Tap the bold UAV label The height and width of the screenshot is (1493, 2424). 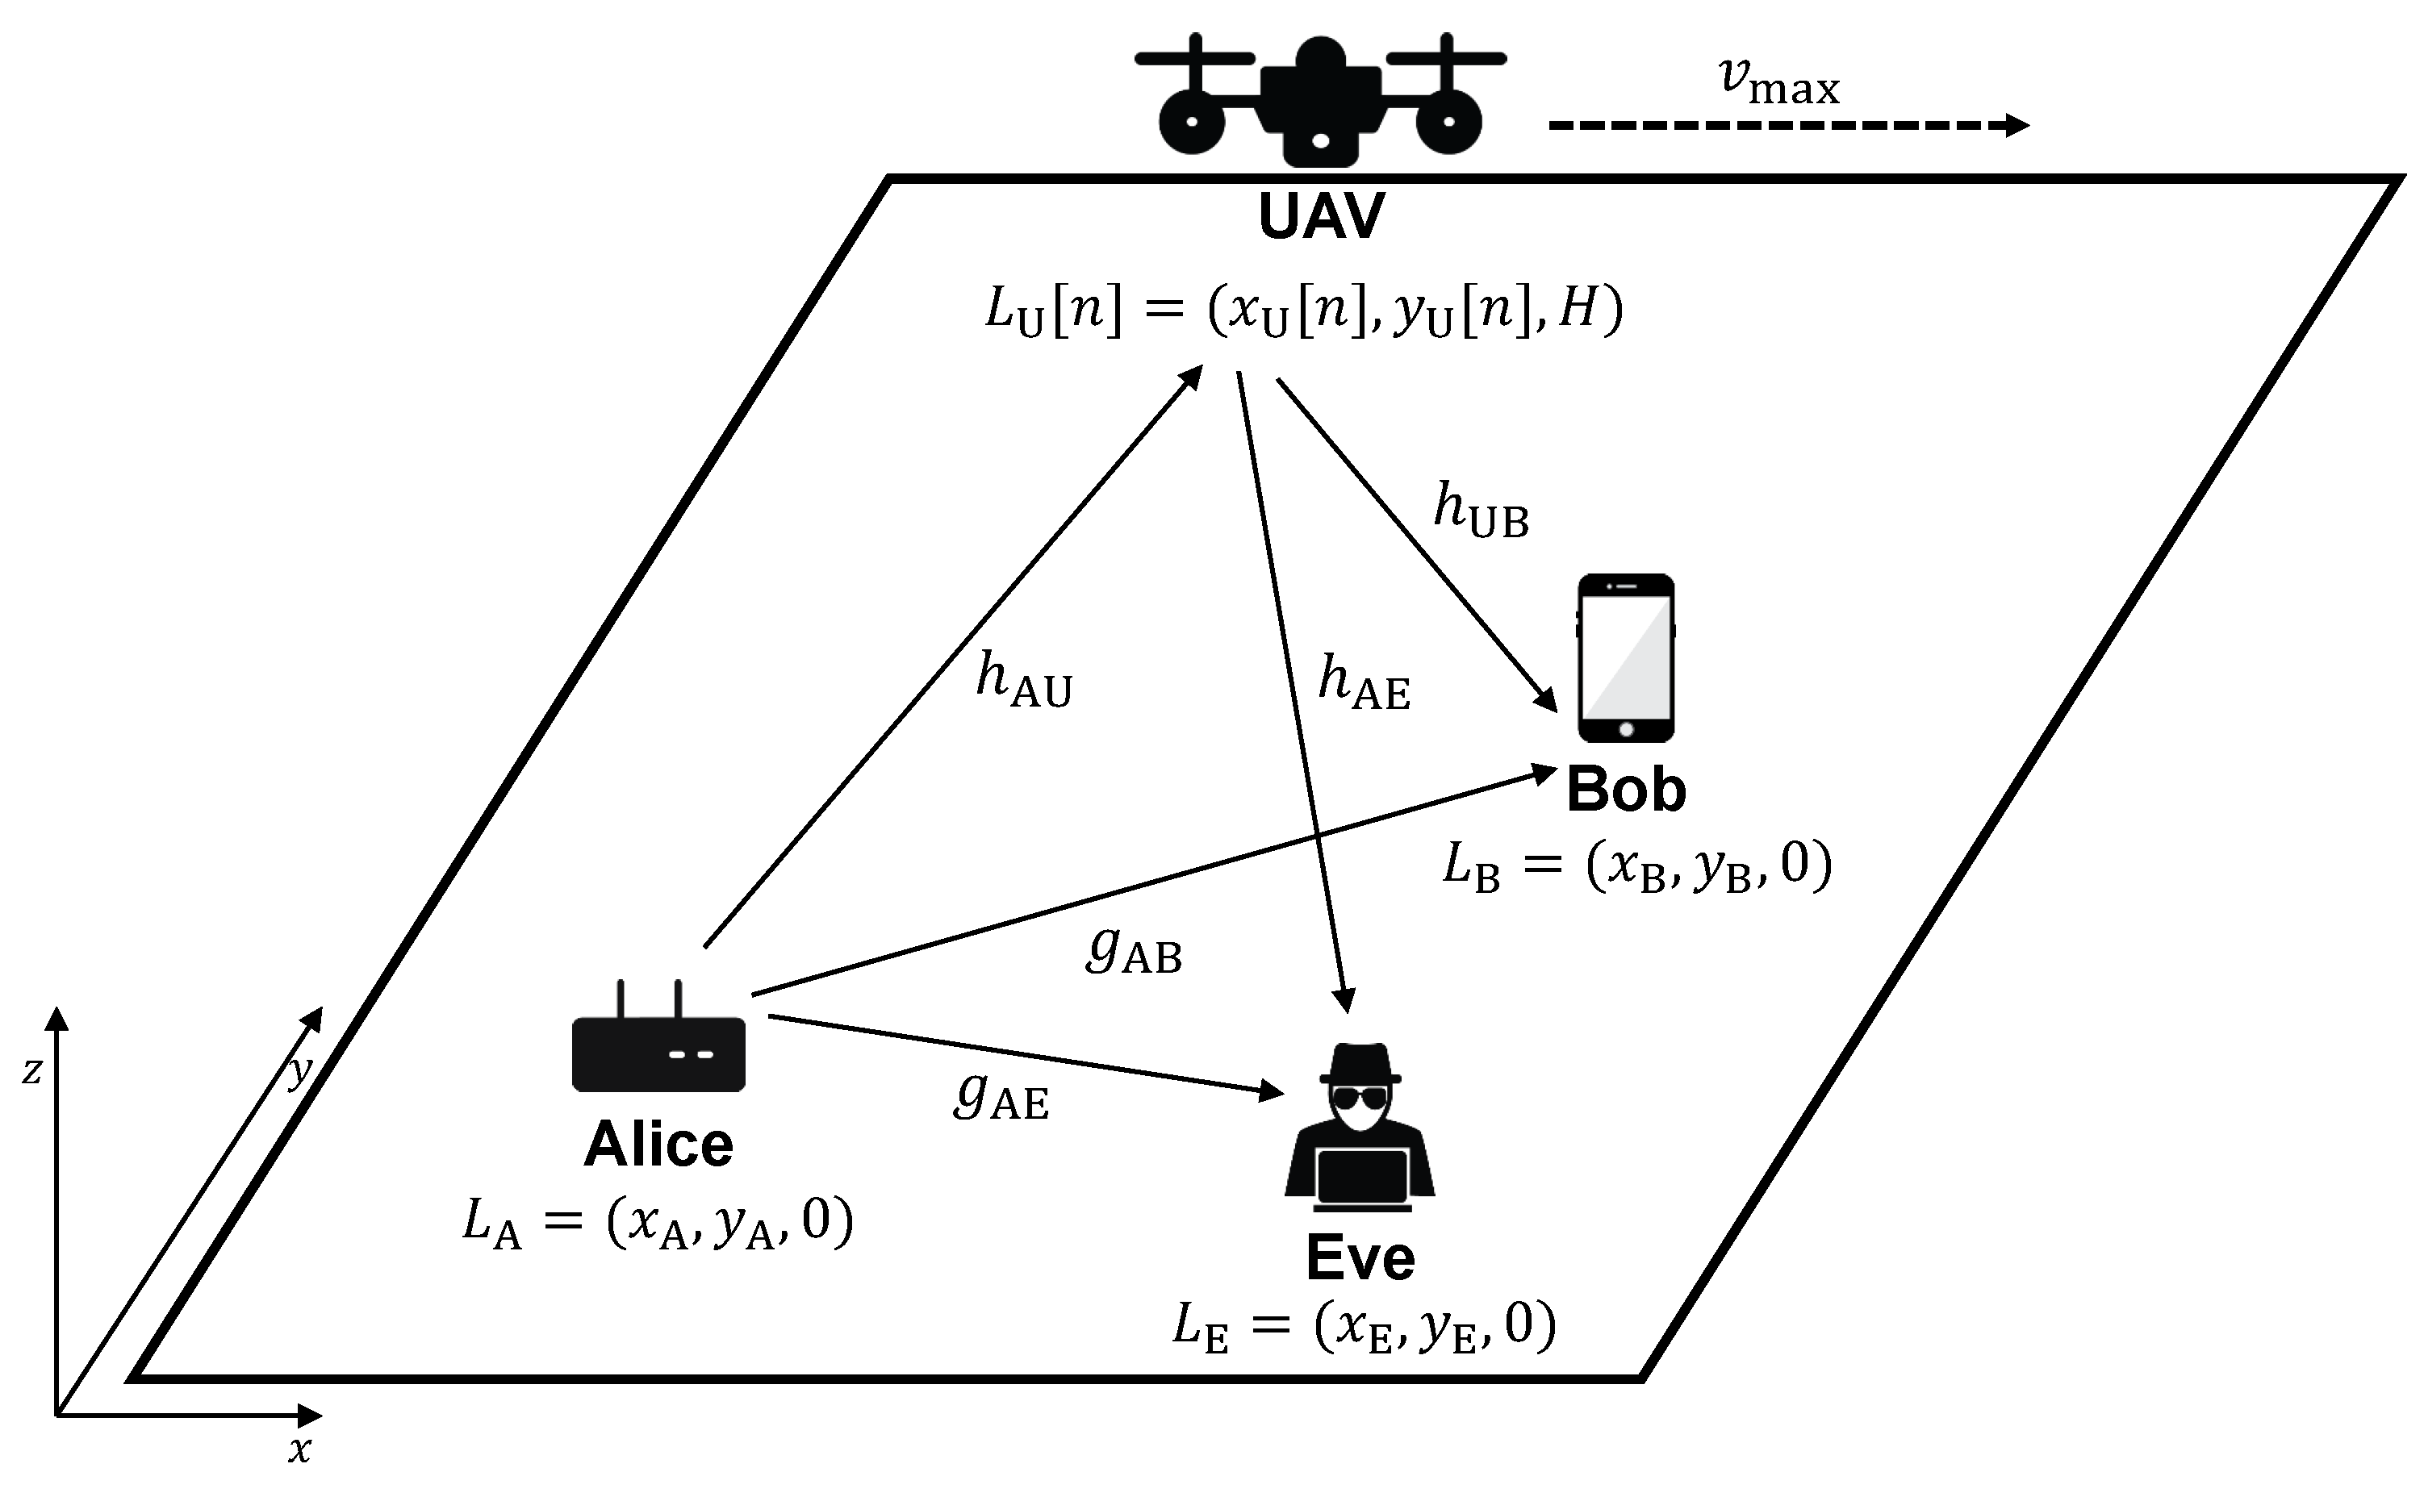coord(1321,216)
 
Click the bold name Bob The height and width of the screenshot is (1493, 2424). coord(1626,790)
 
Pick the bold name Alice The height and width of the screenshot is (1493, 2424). coord(658,1145)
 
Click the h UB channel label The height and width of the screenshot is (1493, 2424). coord(1481,511)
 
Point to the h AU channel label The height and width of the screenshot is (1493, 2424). coord(1023,682)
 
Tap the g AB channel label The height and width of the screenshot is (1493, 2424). coord(1134,950)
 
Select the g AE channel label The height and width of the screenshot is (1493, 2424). coord(1001,1096)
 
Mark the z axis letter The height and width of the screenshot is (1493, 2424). coord(31,1070)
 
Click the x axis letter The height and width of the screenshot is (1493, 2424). coord(299,1450)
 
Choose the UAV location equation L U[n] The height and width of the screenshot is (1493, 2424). coord(1304,309)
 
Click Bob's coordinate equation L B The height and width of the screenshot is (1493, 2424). coord(1636,866)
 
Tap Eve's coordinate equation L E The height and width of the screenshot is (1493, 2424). coord(1363,1326)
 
